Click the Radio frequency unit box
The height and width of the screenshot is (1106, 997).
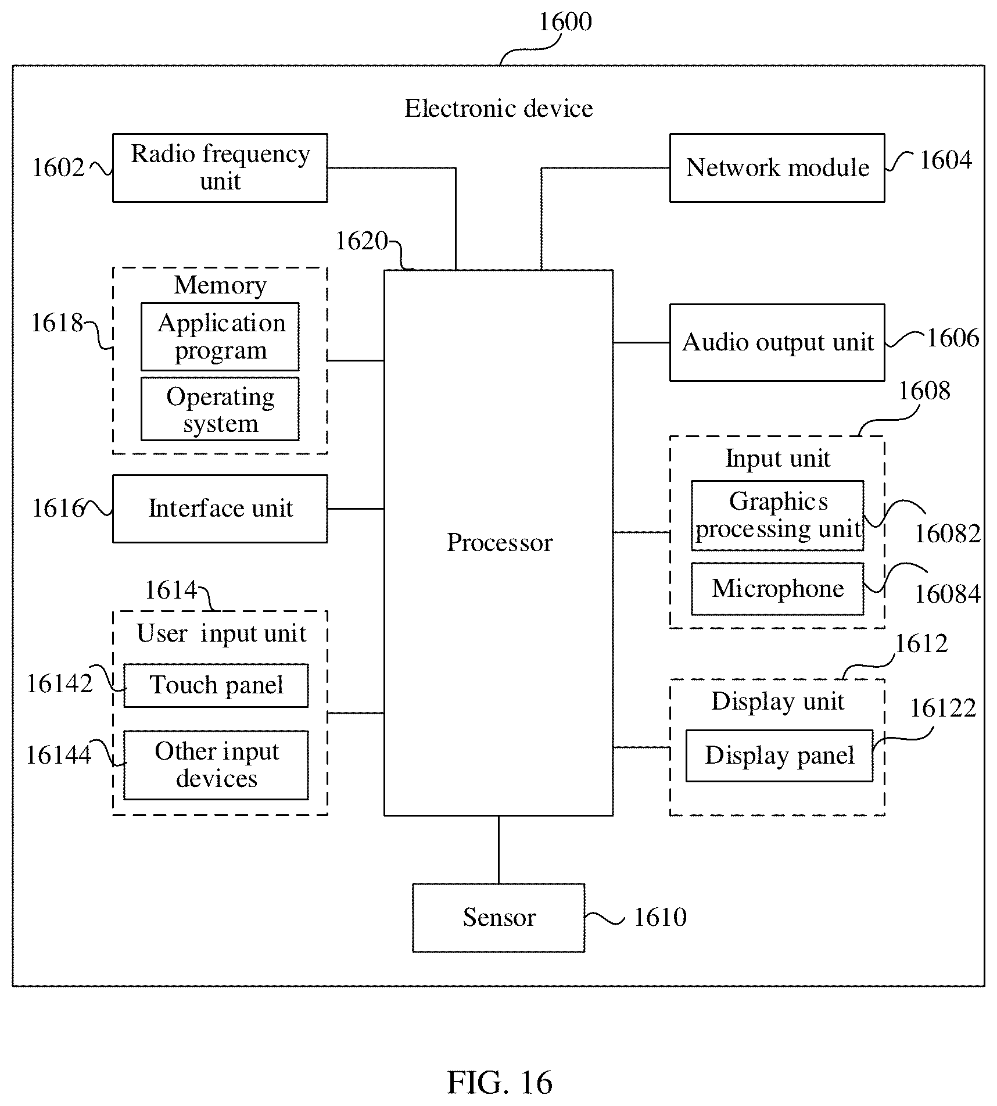coord(220,168)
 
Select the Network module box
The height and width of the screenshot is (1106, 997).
coord(777,168)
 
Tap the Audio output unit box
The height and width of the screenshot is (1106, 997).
coord(777,342)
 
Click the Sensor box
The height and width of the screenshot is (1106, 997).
coord(498,918)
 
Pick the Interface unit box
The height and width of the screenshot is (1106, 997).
coord(220,509)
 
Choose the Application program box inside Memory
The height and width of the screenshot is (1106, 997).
coord(220,337)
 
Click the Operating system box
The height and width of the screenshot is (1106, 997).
coord(220,409)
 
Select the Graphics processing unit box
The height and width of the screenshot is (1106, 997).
coord(777,516)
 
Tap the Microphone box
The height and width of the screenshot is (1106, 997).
coord(777,589)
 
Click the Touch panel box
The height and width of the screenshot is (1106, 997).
coord(216,685)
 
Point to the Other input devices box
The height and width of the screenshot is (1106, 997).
coord(216,765)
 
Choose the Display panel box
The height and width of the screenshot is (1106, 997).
coord(779,756)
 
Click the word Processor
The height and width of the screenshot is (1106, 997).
coord(500,542)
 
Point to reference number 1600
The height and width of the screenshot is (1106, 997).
coord(565,22)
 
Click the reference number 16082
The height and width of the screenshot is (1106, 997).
coord(948,534)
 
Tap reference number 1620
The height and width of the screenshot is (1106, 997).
coord(361,241)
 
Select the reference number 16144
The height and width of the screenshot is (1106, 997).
coord(59,755)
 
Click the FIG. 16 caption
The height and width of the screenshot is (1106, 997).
coord(500,1082)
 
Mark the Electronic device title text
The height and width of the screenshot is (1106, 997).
coord(498,109)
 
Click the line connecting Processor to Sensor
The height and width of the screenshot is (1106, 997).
coord(498,850)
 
